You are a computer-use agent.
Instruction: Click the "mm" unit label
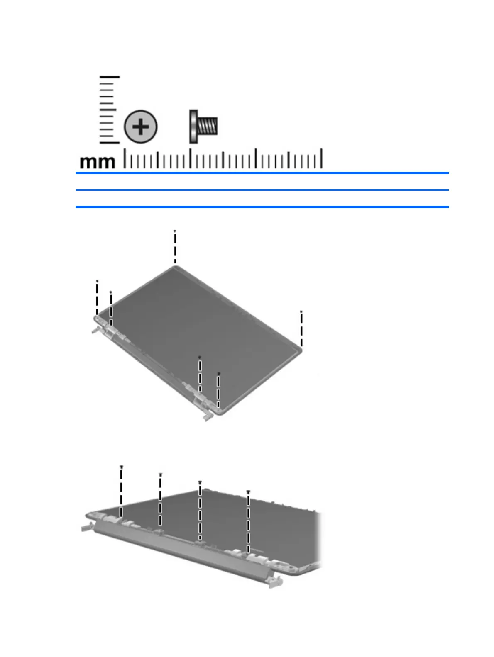98,162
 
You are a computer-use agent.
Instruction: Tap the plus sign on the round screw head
141,127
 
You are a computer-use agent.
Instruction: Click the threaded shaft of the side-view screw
207,126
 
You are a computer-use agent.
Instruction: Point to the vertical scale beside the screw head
109,110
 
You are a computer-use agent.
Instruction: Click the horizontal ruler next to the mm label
223,158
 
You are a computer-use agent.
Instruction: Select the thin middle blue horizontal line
262,190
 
